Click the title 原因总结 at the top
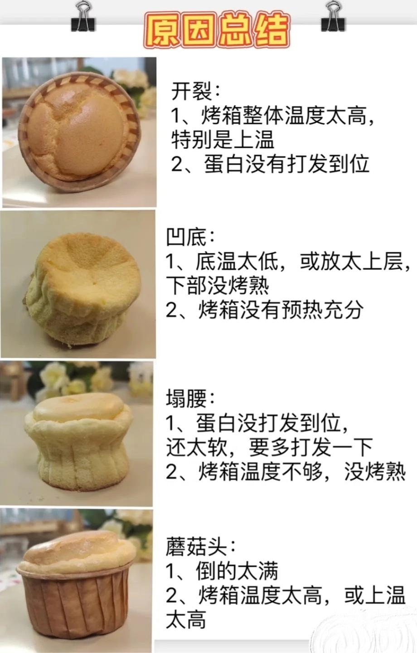click(217, 30)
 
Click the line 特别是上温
click(223, 140)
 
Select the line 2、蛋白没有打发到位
click(270, 164)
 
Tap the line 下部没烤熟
click(218, 285)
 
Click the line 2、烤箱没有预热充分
click(265, 310)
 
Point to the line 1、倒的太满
click(222, 571)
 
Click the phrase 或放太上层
click(352, 261)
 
